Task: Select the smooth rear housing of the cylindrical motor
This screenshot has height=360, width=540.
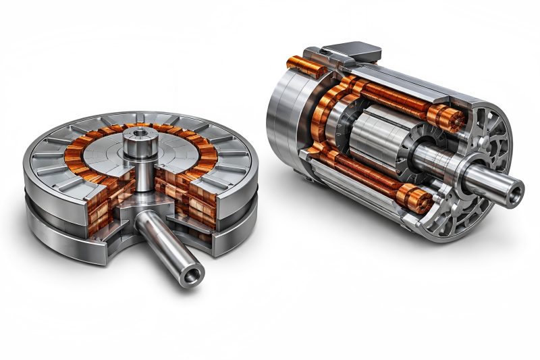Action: tap(283, 115)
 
